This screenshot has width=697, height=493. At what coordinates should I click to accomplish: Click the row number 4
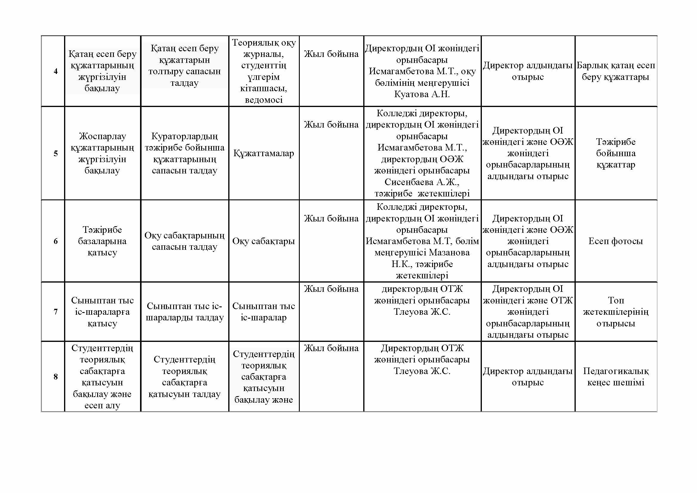[55, 71]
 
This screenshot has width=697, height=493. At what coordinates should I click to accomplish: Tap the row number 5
[55, 153]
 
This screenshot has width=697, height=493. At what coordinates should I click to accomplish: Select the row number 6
[55, 241]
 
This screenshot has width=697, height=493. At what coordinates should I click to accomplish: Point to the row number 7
[55, 312]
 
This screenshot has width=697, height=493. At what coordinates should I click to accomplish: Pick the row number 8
[55, 377]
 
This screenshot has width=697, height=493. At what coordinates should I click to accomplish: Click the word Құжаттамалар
[263, 153]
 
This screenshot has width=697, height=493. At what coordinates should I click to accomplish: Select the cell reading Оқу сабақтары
[263, 241]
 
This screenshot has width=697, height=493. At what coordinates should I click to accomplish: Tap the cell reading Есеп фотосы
[616, 241]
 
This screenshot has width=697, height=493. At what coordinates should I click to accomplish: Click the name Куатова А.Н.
[422, 94]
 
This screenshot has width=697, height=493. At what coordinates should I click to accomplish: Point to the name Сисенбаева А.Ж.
[422, 182]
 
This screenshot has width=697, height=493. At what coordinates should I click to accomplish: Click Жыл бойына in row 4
[331, 54]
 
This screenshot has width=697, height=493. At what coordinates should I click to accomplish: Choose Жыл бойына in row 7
[331, 289]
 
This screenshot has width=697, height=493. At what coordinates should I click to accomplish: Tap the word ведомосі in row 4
[263, 100]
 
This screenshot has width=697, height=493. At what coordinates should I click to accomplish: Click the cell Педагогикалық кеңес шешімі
[616, 377]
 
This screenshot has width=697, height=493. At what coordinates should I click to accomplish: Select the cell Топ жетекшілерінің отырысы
[616, 312]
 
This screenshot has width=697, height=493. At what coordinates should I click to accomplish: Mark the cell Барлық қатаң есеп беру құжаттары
[616, 71]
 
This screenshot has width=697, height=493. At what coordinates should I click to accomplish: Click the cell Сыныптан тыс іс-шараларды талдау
[184, 312]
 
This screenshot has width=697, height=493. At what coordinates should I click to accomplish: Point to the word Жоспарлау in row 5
[102, 136]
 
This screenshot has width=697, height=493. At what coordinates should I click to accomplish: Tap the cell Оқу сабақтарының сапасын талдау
[184, 241]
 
